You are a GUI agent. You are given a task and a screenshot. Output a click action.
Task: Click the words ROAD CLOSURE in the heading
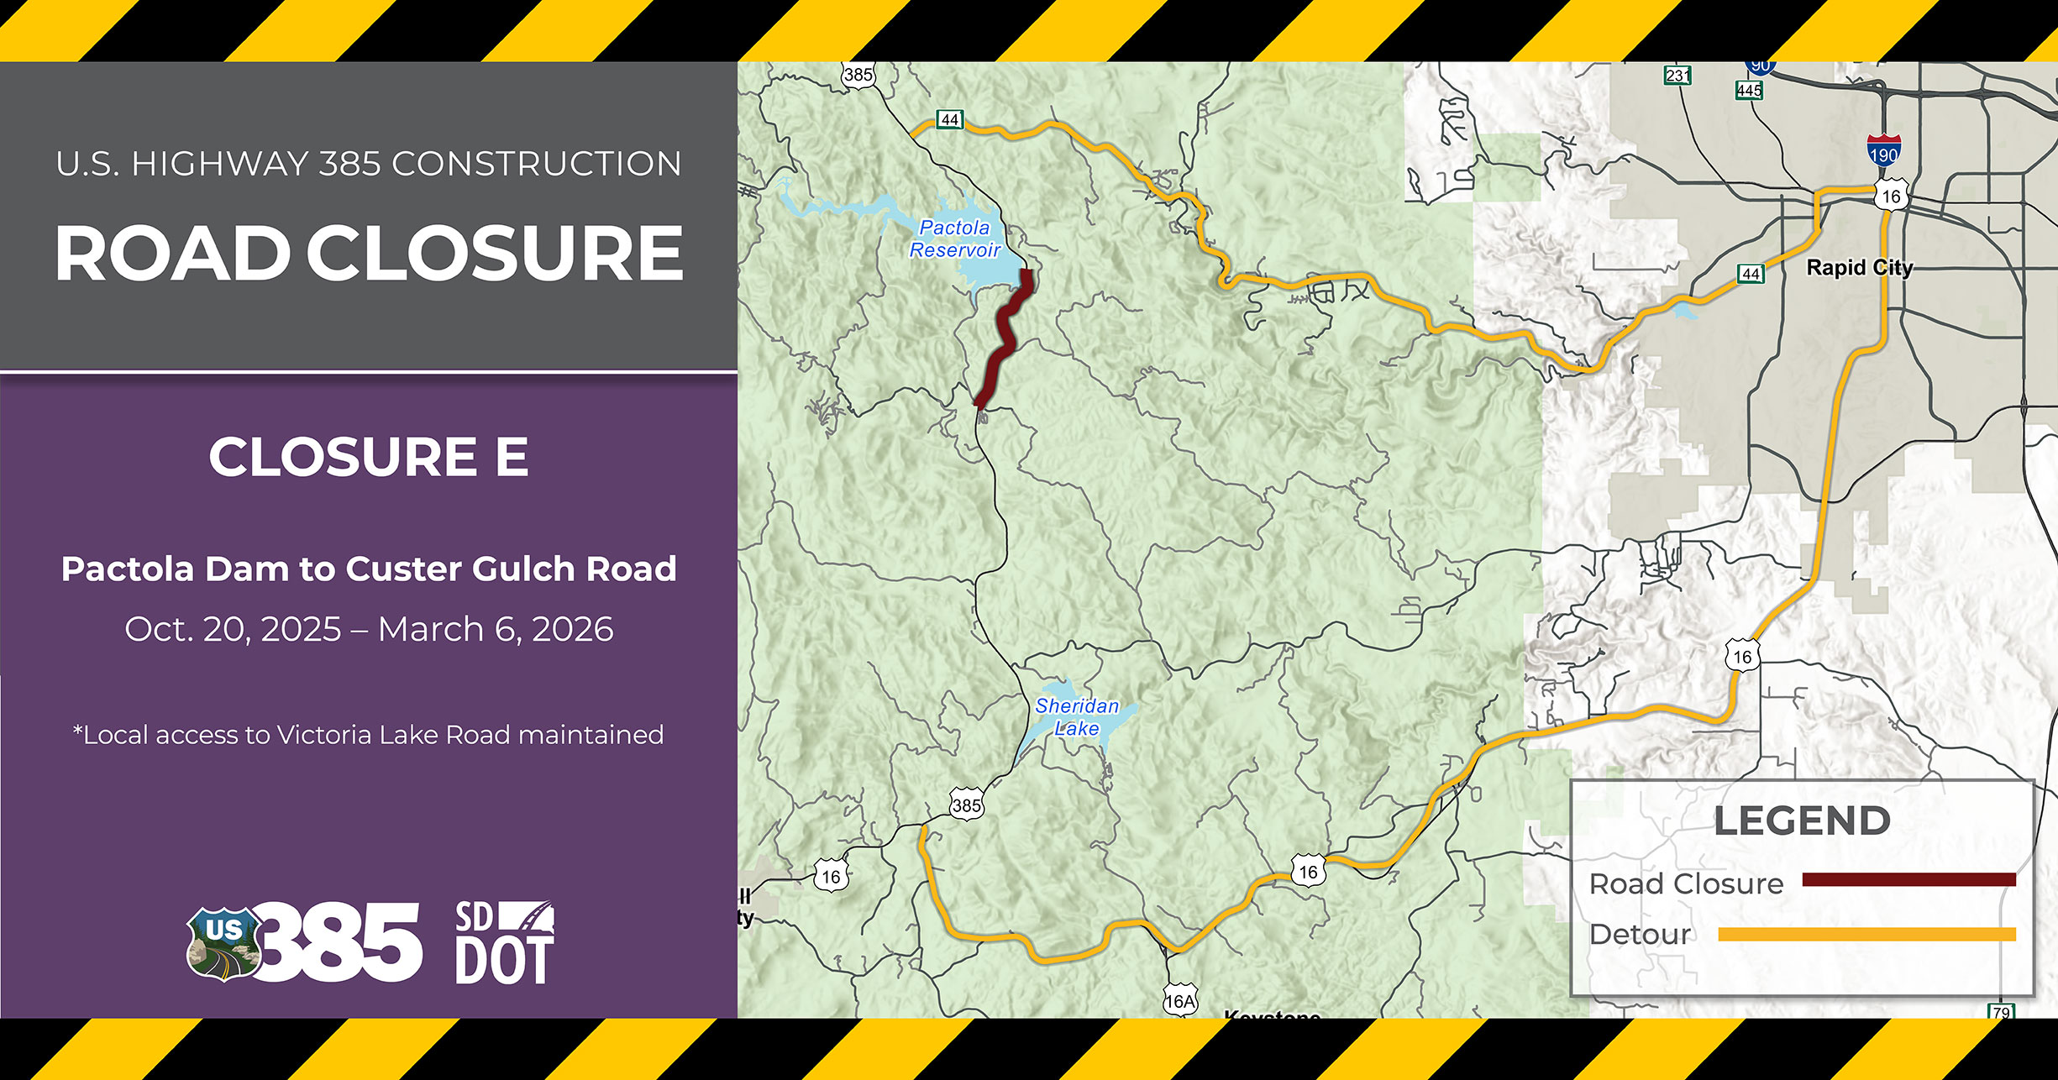pos(369,254)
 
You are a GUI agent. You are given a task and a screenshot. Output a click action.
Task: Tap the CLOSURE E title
pos(369,457)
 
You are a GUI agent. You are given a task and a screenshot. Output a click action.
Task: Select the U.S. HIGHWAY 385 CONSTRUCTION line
pos(369,164)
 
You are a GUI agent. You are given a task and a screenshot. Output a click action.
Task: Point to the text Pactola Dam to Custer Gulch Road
pos(369,569)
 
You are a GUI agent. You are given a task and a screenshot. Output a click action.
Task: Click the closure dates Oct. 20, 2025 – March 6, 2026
pos(369,629)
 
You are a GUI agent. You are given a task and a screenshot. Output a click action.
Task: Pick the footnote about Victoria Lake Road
pos(369,735)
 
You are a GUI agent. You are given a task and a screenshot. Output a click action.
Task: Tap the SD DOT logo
pos(504,942)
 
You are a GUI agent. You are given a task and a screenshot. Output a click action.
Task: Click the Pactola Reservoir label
pos(955,239)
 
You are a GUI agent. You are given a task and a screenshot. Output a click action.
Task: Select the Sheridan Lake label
pos(1077,717)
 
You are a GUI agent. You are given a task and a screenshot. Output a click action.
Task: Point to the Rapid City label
pos(1860,268)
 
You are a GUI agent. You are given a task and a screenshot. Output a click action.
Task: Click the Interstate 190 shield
pos(1883,151)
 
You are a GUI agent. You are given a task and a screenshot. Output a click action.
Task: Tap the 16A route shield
pos(1179,1000)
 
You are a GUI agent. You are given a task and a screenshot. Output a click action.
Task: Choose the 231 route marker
pos(1677,76)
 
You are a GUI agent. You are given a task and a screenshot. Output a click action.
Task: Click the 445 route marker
pos(1749,90)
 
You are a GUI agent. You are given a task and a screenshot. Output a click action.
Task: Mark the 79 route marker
pos(2001,1011)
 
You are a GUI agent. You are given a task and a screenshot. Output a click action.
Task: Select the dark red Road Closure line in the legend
pos(1908,880)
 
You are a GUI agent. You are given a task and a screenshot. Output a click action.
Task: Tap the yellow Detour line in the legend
pos(1866,935)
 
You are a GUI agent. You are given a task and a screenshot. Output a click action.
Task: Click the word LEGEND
pos(1802,821)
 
